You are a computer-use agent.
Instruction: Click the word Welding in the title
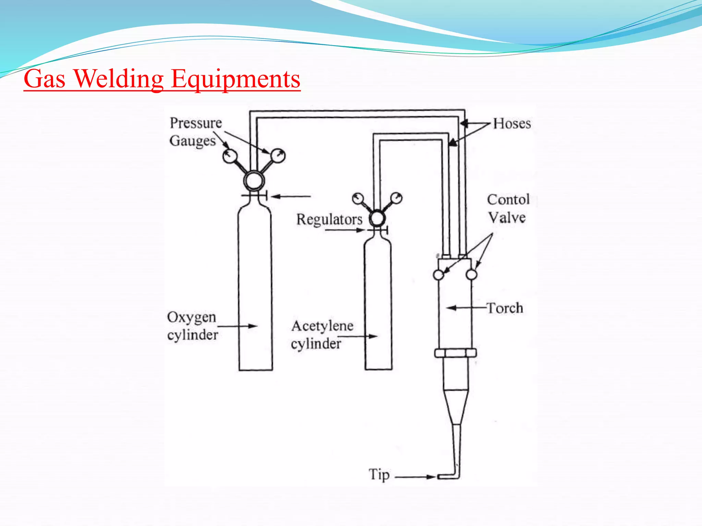pyautogui.click(x=119, y=79)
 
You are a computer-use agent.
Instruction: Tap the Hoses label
pyautogui.click(x=512, y=124)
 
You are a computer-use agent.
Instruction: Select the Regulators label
pyautogui.click(x=329, y=219)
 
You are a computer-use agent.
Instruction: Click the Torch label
pyautogui.click(x=505, y=308)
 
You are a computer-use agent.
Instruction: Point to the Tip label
pyautogui.click(x=379, y=475)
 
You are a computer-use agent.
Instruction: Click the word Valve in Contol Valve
pyautogui.click(x=507, y=217)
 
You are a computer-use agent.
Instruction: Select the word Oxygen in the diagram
pyautogui.click(x=191, y=317)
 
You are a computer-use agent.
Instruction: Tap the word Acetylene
pyautogui.click(x=322, y=326)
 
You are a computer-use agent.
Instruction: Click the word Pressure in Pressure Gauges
pyautogui.click(x=196, y=123)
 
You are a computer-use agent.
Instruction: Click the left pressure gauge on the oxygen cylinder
pyautogui.click(x=230, y=156)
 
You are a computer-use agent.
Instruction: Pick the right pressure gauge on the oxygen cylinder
pyautogui.click(x=278, y=156)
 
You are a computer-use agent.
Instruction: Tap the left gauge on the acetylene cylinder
pyautogui.click(x=358, y=199)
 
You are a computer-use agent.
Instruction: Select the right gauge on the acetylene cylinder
pyautogui.click(x=396, y=198)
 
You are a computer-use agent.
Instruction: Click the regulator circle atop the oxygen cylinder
pyautogui.click(x=254, y=180)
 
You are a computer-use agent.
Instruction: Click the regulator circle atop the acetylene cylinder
pyautogui.click(x=377, y=218)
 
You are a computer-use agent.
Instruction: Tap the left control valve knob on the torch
pyautogui.click(x=438, y=275)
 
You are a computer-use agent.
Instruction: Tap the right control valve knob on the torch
pyautogui.click(x=471, y=275)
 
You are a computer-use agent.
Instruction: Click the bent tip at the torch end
pyautogui.click(x=449, y=476)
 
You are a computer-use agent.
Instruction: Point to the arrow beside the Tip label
pyautogui.click(x=415, y=477)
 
